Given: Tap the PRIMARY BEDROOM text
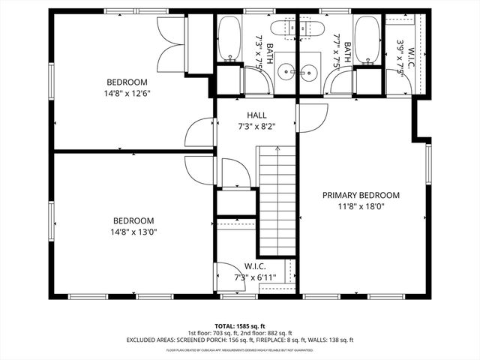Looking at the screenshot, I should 361,195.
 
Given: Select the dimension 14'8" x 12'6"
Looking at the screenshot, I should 127,94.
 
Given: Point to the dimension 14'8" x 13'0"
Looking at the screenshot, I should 133,232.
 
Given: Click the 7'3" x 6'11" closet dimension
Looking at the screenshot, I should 255,277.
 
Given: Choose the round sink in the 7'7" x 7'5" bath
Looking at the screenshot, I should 310,72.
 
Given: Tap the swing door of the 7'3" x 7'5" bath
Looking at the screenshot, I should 256,79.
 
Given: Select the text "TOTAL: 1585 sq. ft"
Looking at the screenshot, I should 239,326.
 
